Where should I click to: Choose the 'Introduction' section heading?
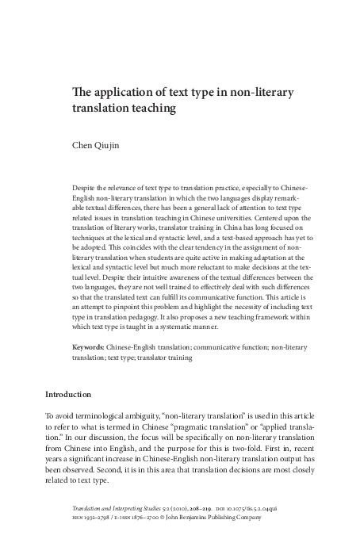pos(68,395)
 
